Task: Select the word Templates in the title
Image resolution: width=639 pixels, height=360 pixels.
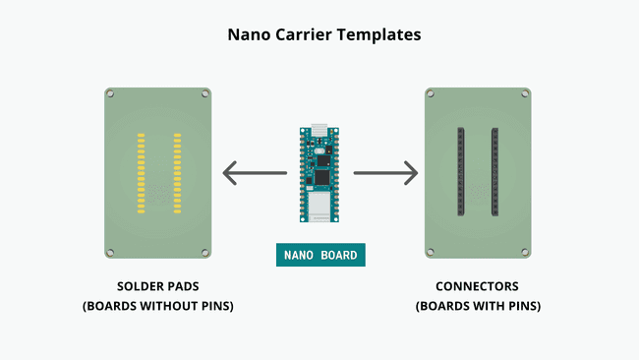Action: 380,34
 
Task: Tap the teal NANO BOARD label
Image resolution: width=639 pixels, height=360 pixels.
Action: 320,255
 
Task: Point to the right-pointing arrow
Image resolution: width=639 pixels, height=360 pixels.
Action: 385,173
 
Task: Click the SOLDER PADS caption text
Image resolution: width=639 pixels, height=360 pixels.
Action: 157,287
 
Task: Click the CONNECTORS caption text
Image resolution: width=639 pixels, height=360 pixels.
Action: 478,287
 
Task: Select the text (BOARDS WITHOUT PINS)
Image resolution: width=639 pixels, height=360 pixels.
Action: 157,306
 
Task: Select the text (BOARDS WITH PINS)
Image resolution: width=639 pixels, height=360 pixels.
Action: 478,306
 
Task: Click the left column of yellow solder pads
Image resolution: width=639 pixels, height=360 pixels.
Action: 141,173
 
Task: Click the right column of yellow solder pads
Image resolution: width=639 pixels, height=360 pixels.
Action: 176,173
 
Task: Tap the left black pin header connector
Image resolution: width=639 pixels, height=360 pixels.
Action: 460,173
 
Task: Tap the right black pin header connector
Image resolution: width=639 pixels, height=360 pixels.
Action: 494,173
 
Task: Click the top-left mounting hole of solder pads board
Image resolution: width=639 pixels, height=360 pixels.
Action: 111,94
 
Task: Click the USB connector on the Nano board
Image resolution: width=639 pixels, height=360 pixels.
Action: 319,130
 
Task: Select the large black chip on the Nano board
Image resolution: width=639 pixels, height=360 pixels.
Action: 321,177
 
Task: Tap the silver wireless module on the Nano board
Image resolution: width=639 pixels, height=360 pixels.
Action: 319,205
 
